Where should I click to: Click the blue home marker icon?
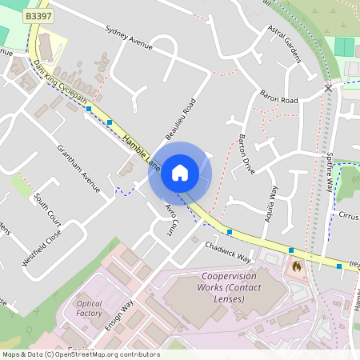click(x=180, y=172)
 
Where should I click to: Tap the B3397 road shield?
click(x=37, y=15)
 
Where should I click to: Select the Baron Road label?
click(x=278, y=101)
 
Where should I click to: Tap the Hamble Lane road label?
click(x=142, y=152)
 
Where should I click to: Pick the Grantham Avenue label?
click(x=78, y=167)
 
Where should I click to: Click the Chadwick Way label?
click(x=228, y=253)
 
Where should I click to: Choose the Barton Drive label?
click(x=246, y=154)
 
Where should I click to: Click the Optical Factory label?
click(x=90, y=309)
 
